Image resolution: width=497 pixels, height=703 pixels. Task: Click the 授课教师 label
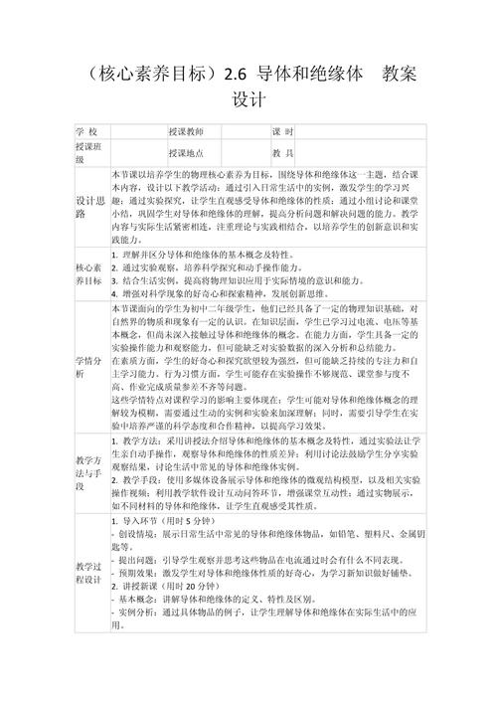(x=186, y=132)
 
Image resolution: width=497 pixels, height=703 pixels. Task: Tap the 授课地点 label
(x=186, y=153)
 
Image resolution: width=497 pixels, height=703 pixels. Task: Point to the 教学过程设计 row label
(x=89, y=574)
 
